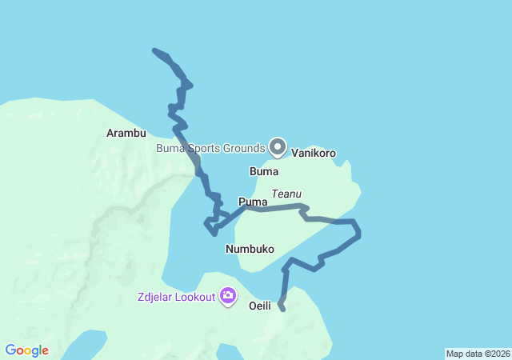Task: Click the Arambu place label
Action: pos(126,133)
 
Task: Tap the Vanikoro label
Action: pos(314,153)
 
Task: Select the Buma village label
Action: pos(264,172)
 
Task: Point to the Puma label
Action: pos(252,202)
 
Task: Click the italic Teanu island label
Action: pos(286,194)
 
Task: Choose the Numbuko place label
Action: pos(250,249)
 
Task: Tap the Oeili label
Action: pos(260,306)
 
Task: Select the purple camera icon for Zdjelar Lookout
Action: pos(229,297)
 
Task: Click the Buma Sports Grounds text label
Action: pos(210,148)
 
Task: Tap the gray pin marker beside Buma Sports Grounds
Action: pos(278,146)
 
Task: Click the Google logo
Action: pos(26,350)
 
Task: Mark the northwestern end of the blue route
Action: pos(154,51)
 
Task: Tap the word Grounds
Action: pos(243,148)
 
